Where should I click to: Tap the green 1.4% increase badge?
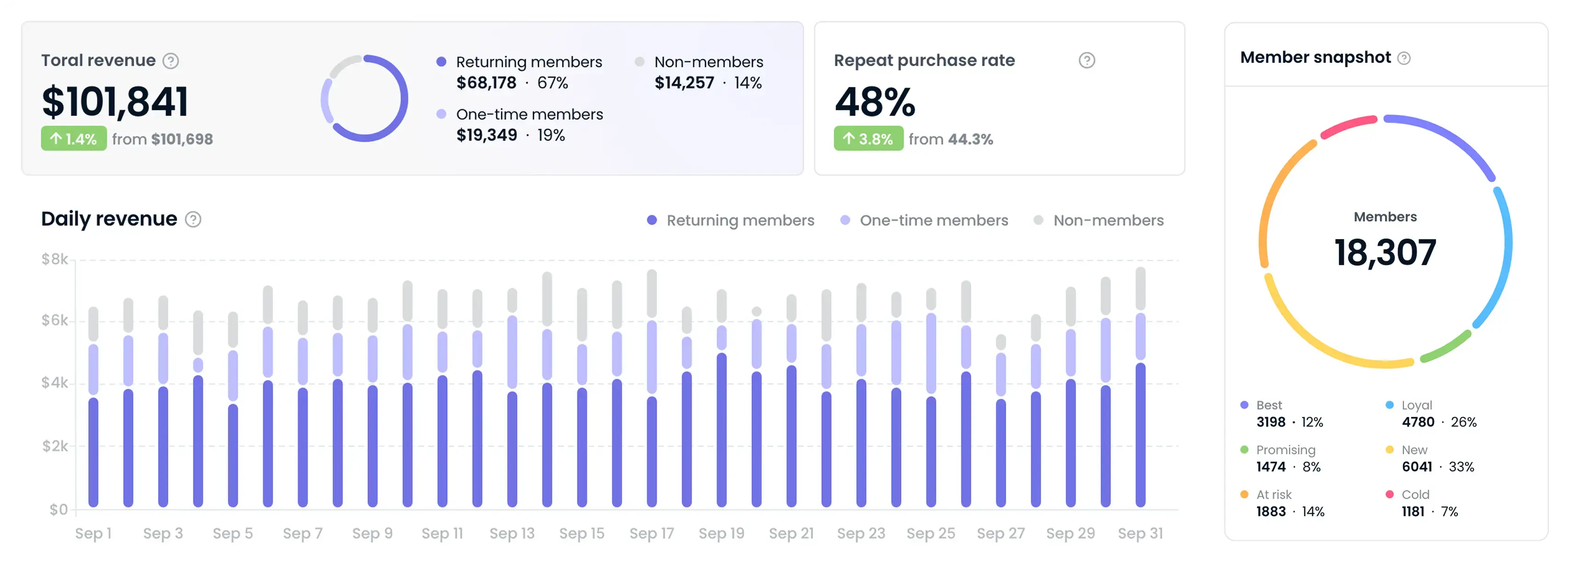74,138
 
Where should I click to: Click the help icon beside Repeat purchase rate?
1086,60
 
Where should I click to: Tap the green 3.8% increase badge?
868,138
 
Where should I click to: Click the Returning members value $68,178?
486,83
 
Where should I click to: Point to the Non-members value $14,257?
684,83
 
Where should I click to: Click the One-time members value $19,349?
486,135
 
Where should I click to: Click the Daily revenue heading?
109,218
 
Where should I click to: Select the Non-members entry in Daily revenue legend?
1107,220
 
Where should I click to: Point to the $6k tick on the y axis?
55,320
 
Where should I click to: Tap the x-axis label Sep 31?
1140,534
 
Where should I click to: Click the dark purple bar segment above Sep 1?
93,451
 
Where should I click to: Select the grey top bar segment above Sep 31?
1140,288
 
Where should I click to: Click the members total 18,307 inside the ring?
1385,253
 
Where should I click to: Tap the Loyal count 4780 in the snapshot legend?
1417,422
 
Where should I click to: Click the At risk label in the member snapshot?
1273,494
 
